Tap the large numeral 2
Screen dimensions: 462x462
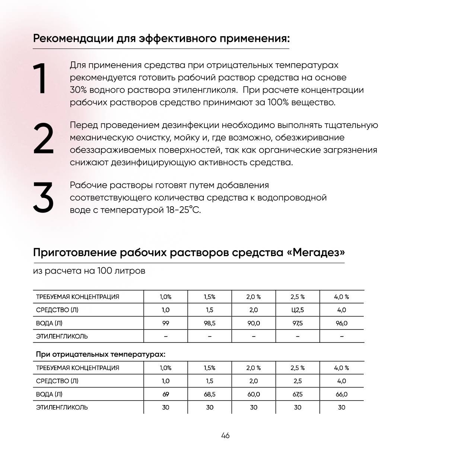pyautogui.click(x=43, y=138)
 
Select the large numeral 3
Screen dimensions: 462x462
pyautogui.click(x=43, y=197)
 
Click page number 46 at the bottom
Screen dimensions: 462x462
pyautogui.click(x=225, y=436)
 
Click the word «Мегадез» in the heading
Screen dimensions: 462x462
pyautogui.click(x=316, y=252)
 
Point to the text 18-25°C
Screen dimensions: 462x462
pyautogui.click(x=183, y=210)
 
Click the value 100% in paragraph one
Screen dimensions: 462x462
pyautogui.click(x=278, y=102)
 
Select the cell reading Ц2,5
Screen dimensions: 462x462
pyautogui.click(x=297, y=310)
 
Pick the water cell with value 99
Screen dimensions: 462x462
pyautogui.click(x=166, y=323)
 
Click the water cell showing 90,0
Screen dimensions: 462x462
pyautogui.click(x=254, y=323)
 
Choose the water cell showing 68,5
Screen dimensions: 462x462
pyautogui.click(x=210, y=394)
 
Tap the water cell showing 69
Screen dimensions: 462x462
pyautogui.click(x=166, y=394)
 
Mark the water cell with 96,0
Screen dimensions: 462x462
pyautogui.click(x=341, y=323)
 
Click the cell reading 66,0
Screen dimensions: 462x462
pyautogui.click(x=341, y=394)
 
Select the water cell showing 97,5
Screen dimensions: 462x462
pyautogui.click(x=297, y=323)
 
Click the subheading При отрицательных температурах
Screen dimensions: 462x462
pyautogui.click(x=101, y=354)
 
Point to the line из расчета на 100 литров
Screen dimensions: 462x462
pyautogui.click(x=89, y=271)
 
